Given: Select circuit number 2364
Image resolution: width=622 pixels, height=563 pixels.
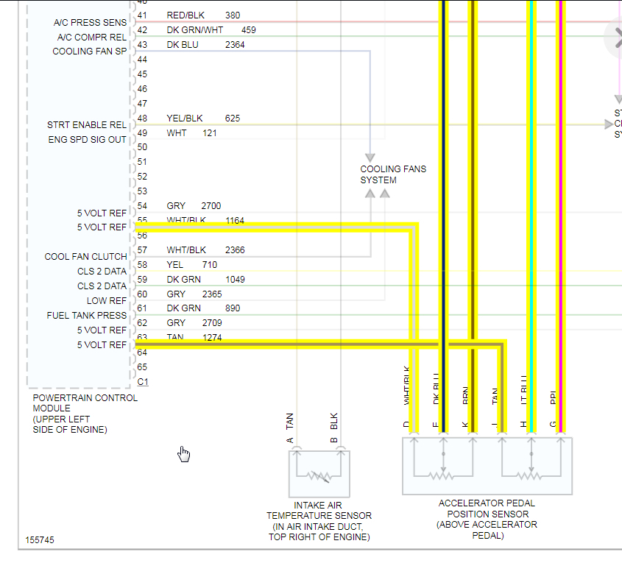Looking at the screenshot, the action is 236,45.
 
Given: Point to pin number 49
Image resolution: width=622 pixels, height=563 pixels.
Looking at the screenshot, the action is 142,133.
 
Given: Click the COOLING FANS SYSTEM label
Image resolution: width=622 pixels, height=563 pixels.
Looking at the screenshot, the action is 392,174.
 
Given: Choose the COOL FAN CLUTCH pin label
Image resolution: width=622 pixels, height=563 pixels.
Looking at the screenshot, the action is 85,257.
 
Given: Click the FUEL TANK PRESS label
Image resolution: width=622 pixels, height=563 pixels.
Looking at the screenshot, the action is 87,316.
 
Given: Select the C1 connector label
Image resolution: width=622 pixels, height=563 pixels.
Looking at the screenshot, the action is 143,381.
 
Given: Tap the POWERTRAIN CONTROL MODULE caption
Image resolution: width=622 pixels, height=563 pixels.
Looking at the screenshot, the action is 85,414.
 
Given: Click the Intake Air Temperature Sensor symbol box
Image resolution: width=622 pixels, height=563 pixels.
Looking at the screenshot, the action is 319,474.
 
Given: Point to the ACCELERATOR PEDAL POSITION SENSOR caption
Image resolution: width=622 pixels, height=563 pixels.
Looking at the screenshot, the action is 487,520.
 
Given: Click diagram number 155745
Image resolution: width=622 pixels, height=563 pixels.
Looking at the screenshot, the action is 40,540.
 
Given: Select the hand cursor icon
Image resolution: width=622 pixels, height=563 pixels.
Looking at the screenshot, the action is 184,455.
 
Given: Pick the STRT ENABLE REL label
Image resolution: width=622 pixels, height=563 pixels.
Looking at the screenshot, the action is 87,125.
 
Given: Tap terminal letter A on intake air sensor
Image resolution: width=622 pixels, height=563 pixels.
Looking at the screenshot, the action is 290,441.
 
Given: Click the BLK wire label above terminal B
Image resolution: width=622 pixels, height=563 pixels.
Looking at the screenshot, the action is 334,422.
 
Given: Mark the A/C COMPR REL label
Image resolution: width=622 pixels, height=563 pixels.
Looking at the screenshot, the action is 92,38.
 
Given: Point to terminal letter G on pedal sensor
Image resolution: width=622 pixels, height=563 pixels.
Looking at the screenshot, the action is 553,425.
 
